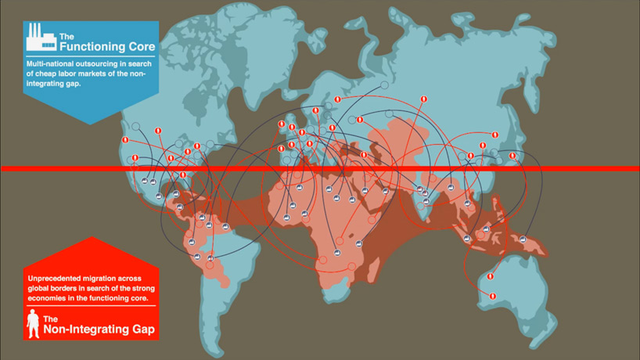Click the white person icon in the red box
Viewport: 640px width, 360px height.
click(33, 323)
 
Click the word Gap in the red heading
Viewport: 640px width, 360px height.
click(142, 330)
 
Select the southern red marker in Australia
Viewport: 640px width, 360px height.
click(493, 295)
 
